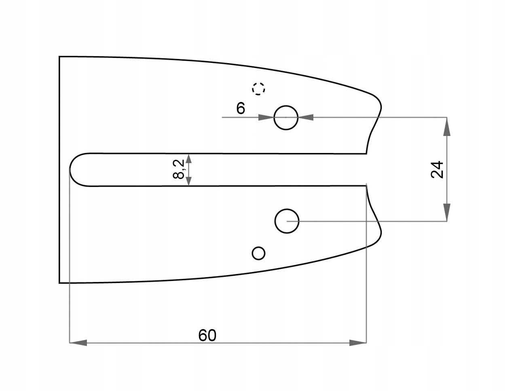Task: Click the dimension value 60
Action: [207, 335]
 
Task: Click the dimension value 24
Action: [437, 170]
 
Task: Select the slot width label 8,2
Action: [178, 169]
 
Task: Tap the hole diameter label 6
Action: [241, 108]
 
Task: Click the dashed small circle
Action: [258, 88]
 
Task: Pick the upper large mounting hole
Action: [286, 118]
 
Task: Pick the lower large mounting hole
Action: [287, 221]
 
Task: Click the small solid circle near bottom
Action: [258, 253]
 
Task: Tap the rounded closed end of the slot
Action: [73, 170]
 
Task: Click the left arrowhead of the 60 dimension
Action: [78, 343]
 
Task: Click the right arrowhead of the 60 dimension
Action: [358, 343]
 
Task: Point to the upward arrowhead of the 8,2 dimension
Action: [188, 158]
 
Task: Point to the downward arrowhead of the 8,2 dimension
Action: [188, 181]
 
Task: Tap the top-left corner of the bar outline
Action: [60, 57]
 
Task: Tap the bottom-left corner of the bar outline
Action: [60, 282]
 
